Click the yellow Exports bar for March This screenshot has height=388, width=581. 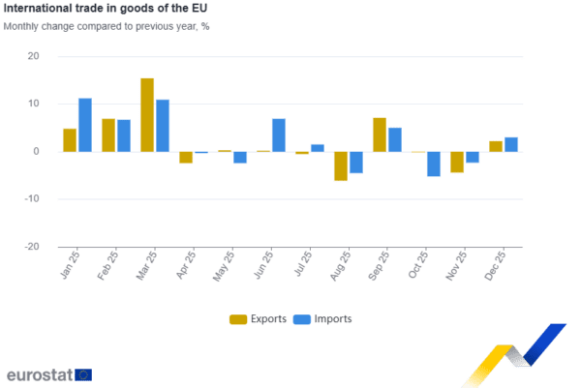(147, 114)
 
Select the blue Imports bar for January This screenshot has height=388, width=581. (85, 125)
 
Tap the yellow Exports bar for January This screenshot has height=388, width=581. (70, 139)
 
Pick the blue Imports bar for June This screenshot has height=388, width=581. (279, 134)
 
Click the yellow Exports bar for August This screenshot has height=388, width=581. (341, 166)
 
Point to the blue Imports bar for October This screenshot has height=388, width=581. (434, 164)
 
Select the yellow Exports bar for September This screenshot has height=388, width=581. (380, 134)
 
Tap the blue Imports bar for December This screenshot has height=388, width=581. (511, 144)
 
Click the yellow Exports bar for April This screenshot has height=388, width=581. (186, 158)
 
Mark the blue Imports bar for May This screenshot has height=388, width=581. (240, 158)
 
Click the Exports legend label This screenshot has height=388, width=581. (268, 318)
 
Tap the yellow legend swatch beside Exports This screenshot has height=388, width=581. (237, 318)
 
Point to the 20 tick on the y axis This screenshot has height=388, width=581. (34, 56)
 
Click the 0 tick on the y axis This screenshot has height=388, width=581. (37, 152)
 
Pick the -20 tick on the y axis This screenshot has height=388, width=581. (33, 247)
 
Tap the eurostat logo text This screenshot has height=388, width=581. (39, 374)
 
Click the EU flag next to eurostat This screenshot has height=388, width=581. (84, 374)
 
